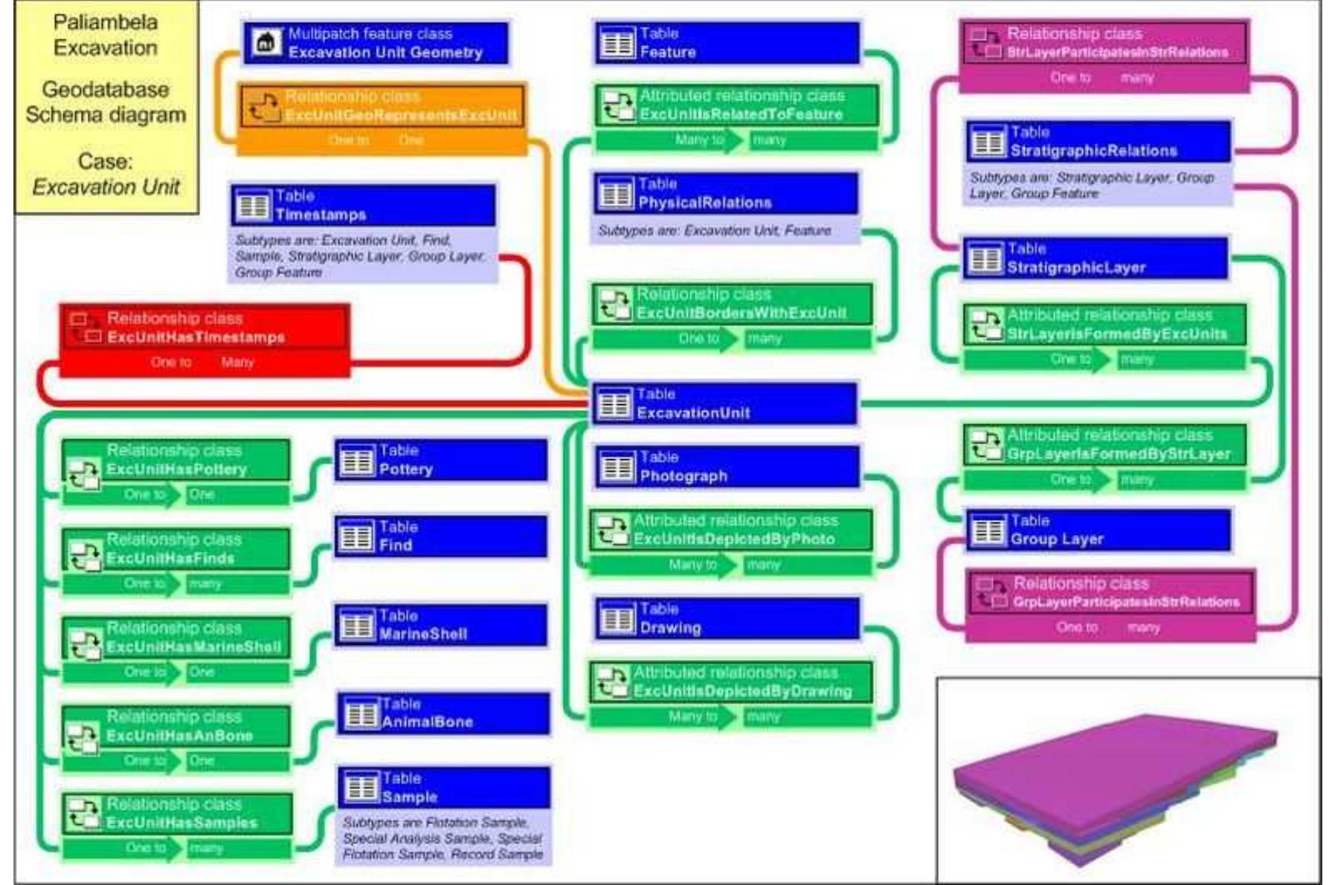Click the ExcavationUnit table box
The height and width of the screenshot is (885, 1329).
pos(724,404)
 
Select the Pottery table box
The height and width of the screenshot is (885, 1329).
pos(441,461)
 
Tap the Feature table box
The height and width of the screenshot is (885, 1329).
pos(727,43)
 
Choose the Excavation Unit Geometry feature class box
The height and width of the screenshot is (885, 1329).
pos(376,43)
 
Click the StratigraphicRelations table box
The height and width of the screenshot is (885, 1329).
pos(1098,142)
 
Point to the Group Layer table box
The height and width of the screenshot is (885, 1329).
pos(1098,531)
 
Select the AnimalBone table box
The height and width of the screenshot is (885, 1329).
pos(444,713)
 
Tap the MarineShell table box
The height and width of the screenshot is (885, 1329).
pos(441,625)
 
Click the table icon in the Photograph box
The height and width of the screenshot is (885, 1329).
pos(617,468)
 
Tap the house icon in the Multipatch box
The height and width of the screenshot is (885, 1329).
pos(265,43)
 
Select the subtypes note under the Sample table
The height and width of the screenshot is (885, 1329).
pos(443,838)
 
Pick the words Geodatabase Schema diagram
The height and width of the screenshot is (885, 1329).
pos(106,103)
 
